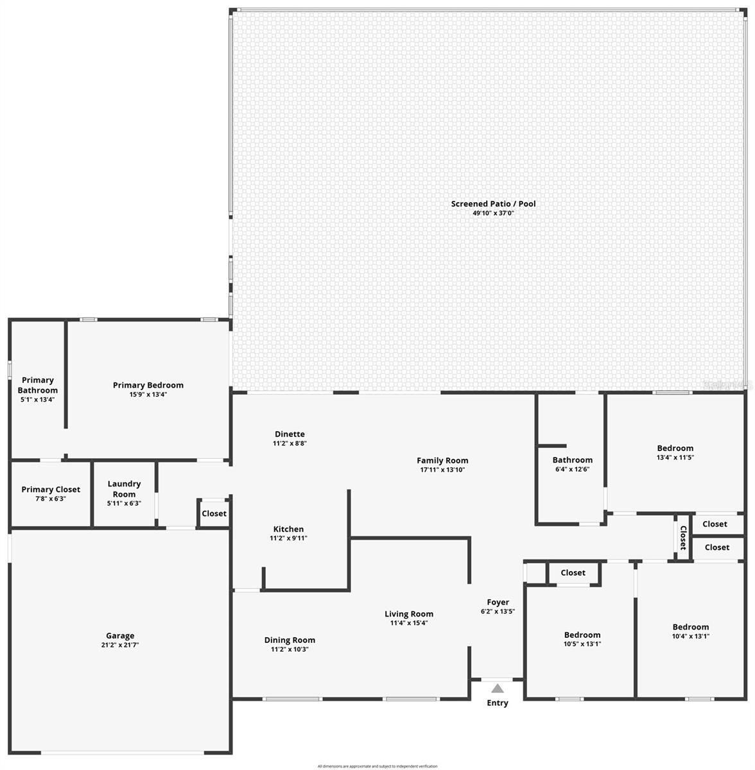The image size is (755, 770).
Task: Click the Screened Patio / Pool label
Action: [x=493, y=204]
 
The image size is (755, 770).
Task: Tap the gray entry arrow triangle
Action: [x=498, y=689]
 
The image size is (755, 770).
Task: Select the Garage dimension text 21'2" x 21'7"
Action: [x=120, y=645]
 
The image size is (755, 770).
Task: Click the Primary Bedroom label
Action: [x=148, y=385]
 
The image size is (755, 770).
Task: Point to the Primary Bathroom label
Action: [x=38, y=385]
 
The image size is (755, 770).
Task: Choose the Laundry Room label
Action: [x=124, y=489]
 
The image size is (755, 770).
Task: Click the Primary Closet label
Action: [x=51, y=490]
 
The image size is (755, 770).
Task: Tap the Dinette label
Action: [x=290, y=434]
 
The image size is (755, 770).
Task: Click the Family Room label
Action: [x=442, y=460]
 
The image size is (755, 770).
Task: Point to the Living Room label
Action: [x=409, y=614]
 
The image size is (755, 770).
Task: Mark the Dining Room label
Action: [x=290, y=640]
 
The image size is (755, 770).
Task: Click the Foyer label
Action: [x=498, y=602]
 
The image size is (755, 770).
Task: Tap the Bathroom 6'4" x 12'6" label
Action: [x=572, y=460]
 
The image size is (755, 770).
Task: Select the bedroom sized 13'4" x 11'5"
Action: [x=675, y=449]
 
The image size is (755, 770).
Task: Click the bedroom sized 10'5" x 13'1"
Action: [x=582, y=635]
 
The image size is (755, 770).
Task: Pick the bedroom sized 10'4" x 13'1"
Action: [x=691, y=627]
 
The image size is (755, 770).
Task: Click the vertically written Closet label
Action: [x=683, y=538]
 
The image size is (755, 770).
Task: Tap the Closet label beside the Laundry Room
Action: [x=214, y=513]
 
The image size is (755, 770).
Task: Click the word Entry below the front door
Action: [x=498, y=703]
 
